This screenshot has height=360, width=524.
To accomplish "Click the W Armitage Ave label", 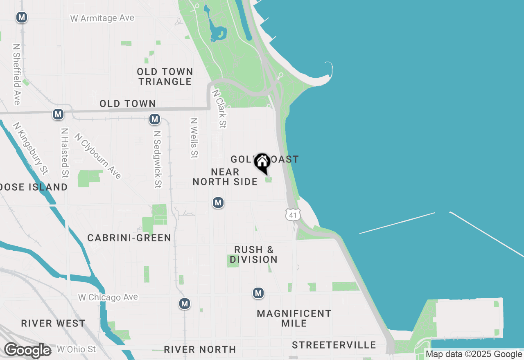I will [x=102, y=18].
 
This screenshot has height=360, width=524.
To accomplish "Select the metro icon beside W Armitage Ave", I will [x=22, y=18].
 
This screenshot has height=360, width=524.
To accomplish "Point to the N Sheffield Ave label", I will [x=17, y=74].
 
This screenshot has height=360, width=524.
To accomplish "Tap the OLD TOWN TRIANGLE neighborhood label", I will [x=165, y=76].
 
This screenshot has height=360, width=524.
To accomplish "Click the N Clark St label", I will [x=219, y=109].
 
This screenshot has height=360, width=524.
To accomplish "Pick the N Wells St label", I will [x=194, y=138].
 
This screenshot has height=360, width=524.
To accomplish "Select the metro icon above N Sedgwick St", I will [x=154, y=119].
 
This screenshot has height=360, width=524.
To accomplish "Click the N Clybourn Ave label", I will [x=98, y=156].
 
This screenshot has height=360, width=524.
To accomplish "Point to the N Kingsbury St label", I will [x=31, y=147].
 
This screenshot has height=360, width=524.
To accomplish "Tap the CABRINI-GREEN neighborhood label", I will [x=129, y=238].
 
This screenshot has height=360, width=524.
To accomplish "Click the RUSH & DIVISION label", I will [x=254, y=254].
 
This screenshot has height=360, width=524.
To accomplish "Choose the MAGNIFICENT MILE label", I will [x=294, y=318].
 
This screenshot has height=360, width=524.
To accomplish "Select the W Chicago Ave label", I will [x=108, y=297].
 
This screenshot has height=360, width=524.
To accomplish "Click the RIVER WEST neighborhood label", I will [x=53, y=323].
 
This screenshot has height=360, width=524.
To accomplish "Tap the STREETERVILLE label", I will [x=334, y=345].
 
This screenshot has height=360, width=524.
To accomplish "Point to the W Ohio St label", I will [x=76, y=349].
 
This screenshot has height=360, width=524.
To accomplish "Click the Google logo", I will [x=28, y=350].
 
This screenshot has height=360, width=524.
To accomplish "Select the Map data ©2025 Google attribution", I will [x=474, y=354].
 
